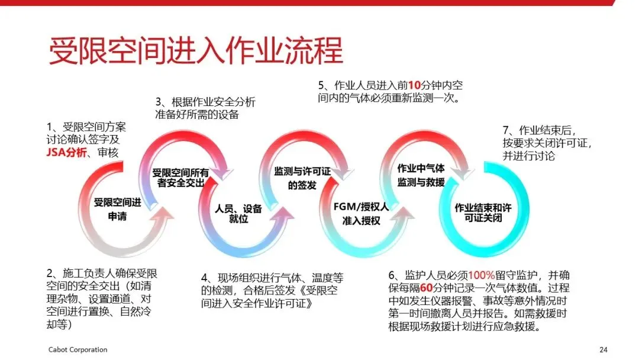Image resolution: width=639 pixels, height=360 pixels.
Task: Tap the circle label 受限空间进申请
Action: pos(118,210)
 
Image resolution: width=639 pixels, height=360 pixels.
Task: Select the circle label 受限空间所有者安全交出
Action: pos(180,178)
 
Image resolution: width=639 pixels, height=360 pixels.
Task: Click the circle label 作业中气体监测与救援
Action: pos(421,175)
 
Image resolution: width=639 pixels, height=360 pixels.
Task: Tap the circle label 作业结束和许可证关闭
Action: pos(482,213)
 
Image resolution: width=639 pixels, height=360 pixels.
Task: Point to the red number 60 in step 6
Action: pos(427,288)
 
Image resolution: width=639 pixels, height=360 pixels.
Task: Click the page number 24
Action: pos(603,349)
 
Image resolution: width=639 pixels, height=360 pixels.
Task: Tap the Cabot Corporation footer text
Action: pos(78,349)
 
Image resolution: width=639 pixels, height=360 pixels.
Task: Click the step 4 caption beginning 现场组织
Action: pos(272,291)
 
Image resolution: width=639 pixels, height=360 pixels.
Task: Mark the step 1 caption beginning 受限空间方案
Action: pos(86,140)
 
